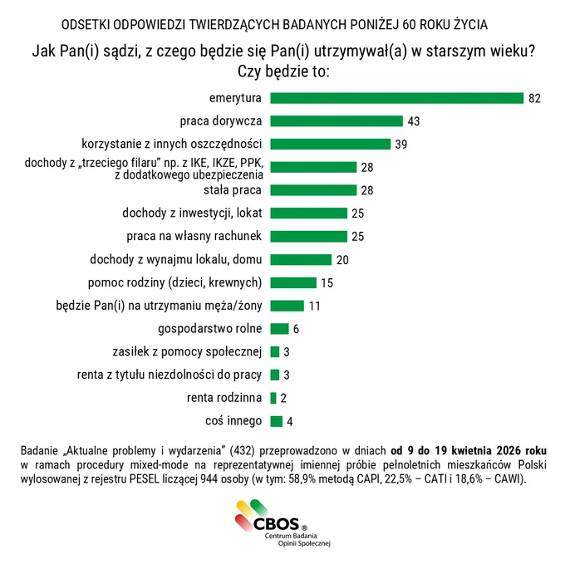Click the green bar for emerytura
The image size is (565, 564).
click(x=396, y=98)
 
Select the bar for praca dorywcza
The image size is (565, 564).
click(x=337, y=121)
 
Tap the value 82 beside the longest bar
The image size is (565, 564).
click(x=535, y=98)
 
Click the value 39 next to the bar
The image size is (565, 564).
click(x=401, y=145)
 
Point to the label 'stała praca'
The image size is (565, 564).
click(x=233, y=190)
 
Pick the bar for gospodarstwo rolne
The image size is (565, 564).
click(x=280, y=328)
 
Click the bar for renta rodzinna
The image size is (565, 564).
click(x=273, y=398)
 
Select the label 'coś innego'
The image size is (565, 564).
click(x=233, y=420)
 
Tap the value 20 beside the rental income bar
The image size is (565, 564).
click(x=342, y=260)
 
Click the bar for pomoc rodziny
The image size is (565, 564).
click(x=293, y=282)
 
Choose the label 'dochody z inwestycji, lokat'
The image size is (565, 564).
click(x=192, y=213)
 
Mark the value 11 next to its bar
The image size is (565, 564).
click(x=315, y=307)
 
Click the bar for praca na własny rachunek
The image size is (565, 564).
click(x=309, y=236)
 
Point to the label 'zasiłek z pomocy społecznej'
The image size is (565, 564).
click(x=187, y=351)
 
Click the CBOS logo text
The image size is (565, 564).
click(x=277, y=523)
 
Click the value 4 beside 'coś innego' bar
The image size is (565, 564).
click(x=290, y=421)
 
